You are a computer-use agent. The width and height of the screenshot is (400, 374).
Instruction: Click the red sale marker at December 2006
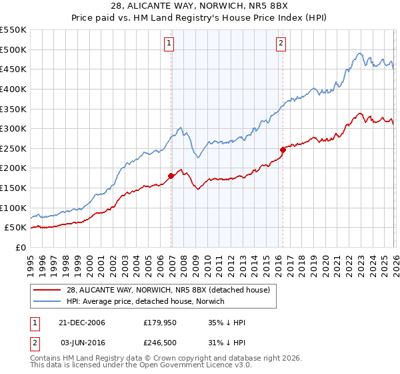tap(171, 176)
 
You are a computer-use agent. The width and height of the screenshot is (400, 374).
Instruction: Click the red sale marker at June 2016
tap(283, 150)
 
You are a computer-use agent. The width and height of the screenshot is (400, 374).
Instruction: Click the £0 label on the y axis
tap(21, 248)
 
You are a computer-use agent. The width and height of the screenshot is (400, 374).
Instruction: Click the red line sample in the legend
tap(47, 290)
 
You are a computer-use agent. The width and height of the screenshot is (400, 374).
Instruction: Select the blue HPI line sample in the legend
tap(47, 301)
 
